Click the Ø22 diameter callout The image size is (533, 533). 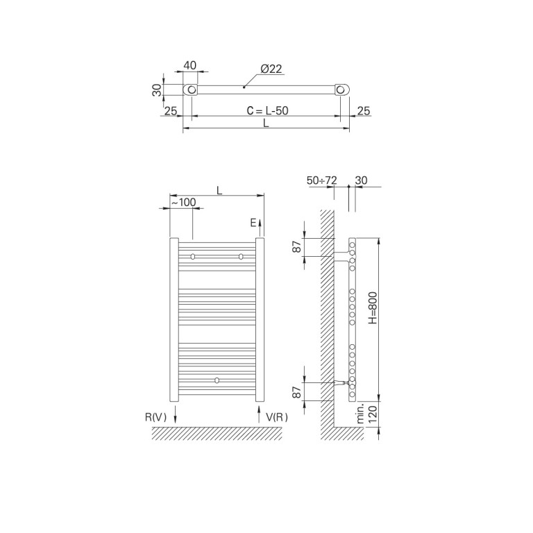point(271,69)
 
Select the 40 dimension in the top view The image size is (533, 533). point(190,65)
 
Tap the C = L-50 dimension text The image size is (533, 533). point(267,110)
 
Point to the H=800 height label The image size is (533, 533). point(373,307)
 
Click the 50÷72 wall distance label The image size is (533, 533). point(321,180)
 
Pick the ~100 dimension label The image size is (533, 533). point(183,202)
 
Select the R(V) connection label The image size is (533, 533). point(155,417)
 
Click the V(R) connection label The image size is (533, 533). point(277,417)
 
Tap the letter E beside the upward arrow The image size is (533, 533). point(253,223)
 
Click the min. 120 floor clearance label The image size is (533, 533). point(367,414)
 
